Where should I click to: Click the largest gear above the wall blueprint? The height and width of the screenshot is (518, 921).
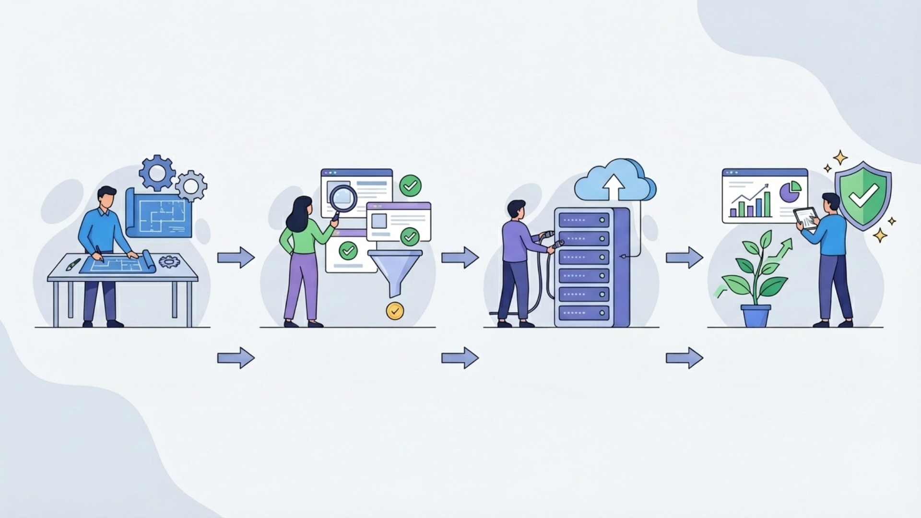(x=157, y=173)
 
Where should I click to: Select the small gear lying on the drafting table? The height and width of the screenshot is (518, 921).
(x=169, y=261)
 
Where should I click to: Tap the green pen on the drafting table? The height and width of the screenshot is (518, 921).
(x=73, y=265)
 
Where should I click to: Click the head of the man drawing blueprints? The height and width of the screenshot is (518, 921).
(x=106, y=197)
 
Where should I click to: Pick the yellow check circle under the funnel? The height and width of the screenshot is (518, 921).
(x=395, y=311)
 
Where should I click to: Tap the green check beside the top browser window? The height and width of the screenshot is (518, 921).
(x=411, y=186)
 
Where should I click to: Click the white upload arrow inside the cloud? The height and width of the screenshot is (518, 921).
(x=612, y=187)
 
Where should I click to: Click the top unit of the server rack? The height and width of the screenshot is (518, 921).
(x=584, y=221)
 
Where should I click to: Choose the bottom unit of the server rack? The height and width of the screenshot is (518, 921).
(x=584, y=312)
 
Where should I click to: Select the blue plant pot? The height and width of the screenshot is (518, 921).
(x=756, y=316)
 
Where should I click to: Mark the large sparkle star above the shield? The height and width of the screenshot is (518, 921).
(x=840, y=157)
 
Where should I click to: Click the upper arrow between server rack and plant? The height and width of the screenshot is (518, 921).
(x=684, y=258)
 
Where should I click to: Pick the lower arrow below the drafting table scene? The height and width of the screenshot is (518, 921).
(x=236, y=358)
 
